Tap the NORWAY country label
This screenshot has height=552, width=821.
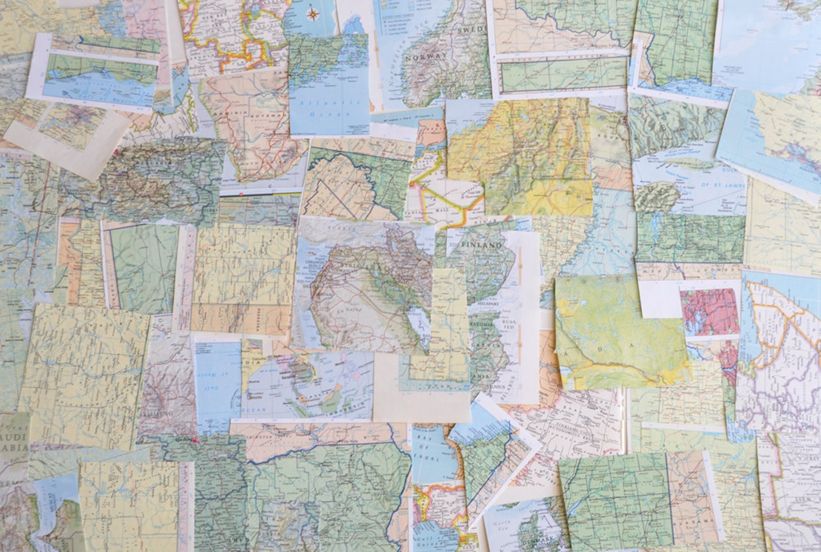[x=427, y=57]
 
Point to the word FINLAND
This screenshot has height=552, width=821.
[x=481, y=245]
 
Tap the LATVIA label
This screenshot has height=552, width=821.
[x=486, y=343]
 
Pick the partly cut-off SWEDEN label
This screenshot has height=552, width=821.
[x=471, y=29]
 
